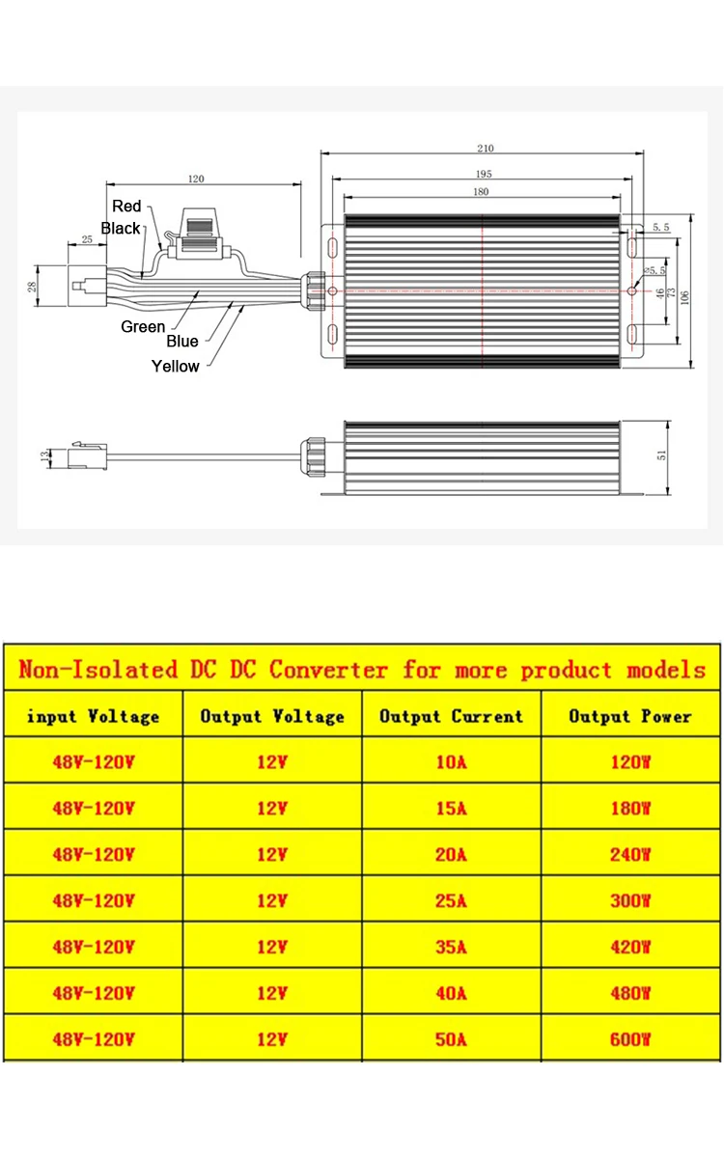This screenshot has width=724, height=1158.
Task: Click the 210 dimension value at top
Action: click(x=485, y=148)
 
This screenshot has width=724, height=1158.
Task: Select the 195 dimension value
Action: click(x=484, y=174)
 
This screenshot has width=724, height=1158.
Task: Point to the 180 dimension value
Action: click(x=481, y=192)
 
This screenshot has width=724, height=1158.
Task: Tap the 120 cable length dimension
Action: click(x=196, y=179)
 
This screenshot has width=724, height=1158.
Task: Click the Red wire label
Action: click(x=126, y=206)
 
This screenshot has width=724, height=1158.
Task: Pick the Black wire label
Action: click(x=121, y=229)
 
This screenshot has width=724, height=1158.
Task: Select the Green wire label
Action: click(x=143, y=327)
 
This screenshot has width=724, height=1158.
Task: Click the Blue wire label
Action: click(x=181, y=342)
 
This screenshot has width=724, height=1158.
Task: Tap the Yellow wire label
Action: click(x=175, y=367)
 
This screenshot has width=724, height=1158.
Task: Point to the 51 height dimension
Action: click(x=662, y=456)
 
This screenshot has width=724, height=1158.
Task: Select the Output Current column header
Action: click(x=451, y=716)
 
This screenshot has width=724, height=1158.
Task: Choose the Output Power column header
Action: click(x=629, y=716)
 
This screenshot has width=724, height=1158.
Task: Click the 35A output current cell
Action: click(x=451, y=948)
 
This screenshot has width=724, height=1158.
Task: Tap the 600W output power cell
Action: click(x=630, y=1039)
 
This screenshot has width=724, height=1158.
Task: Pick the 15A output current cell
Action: click(x=451, y=808)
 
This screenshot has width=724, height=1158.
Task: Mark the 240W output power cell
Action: click(x=630, y=854)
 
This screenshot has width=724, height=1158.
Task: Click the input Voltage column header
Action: click(x=93, y=716)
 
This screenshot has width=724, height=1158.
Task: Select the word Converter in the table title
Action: click(x=328, y=669)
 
